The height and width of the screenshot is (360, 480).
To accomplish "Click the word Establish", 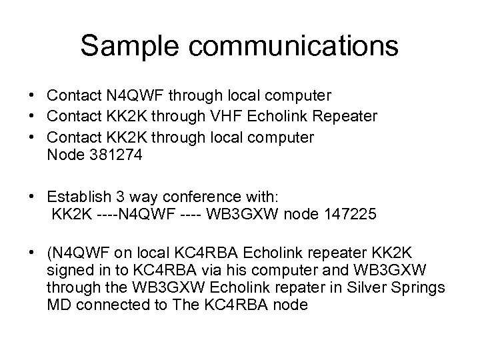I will [x=77, y=197].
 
